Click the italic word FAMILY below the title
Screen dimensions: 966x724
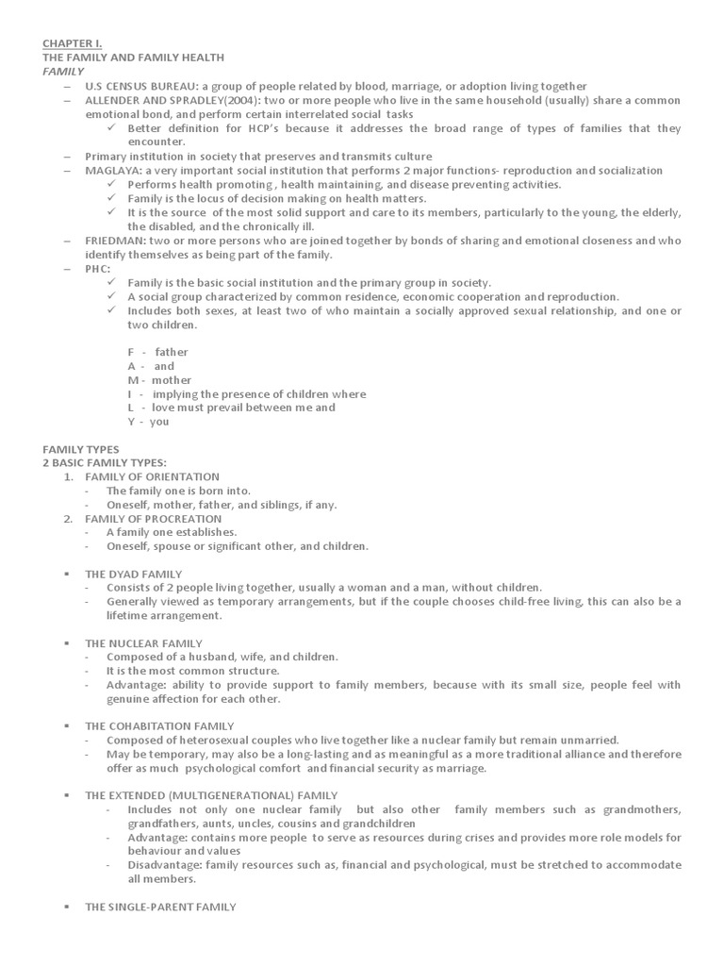(63, 71)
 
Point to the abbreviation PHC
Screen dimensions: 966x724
(97, 269)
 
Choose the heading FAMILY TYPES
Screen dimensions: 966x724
(81, 448)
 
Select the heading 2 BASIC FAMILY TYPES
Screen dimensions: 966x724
(104, 462)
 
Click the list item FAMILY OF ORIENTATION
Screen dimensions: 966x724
(152, 476)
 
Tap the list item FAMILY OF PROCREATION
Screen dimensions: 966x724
(154, 518)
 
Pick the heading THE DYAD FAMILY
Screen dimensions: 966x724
(133, 574)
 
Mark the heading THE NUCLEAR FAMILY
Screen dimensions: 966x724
(143, 643)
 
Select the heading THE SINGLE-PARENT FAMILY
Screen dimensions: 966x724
(160, 907)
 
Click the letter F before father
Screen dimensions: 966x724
(131, 352)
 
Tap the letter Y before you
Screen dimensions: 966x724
(131, 422)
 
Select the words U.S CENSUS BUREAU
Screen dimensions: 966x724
(145, 85)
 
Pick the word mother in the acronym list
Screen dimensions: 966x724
(172, 380)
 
